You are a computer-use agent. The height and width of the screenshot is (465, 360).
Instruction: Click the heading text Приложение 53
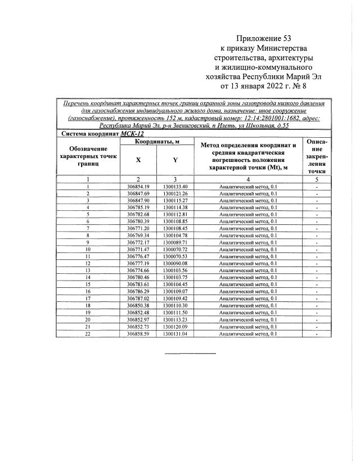266,38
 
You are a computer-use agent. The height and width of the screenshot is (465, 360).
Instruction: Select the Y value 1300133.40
175,186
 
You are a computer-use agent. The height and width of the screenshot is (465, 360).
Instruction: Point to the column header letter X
138,159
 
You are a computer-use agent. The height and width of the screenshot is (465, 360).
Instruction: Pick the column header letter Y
175,159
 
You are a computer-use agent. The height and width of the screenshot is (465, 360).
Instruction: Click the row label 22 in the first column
88,333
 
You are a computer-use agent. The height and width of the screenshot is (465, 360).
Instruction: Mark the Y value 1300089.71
175,242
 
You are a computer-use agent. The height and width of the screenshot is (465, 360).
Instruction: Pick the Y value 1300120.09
175,327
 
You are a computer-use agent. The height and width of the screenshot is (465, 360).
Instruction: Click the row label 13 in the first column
88,270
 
